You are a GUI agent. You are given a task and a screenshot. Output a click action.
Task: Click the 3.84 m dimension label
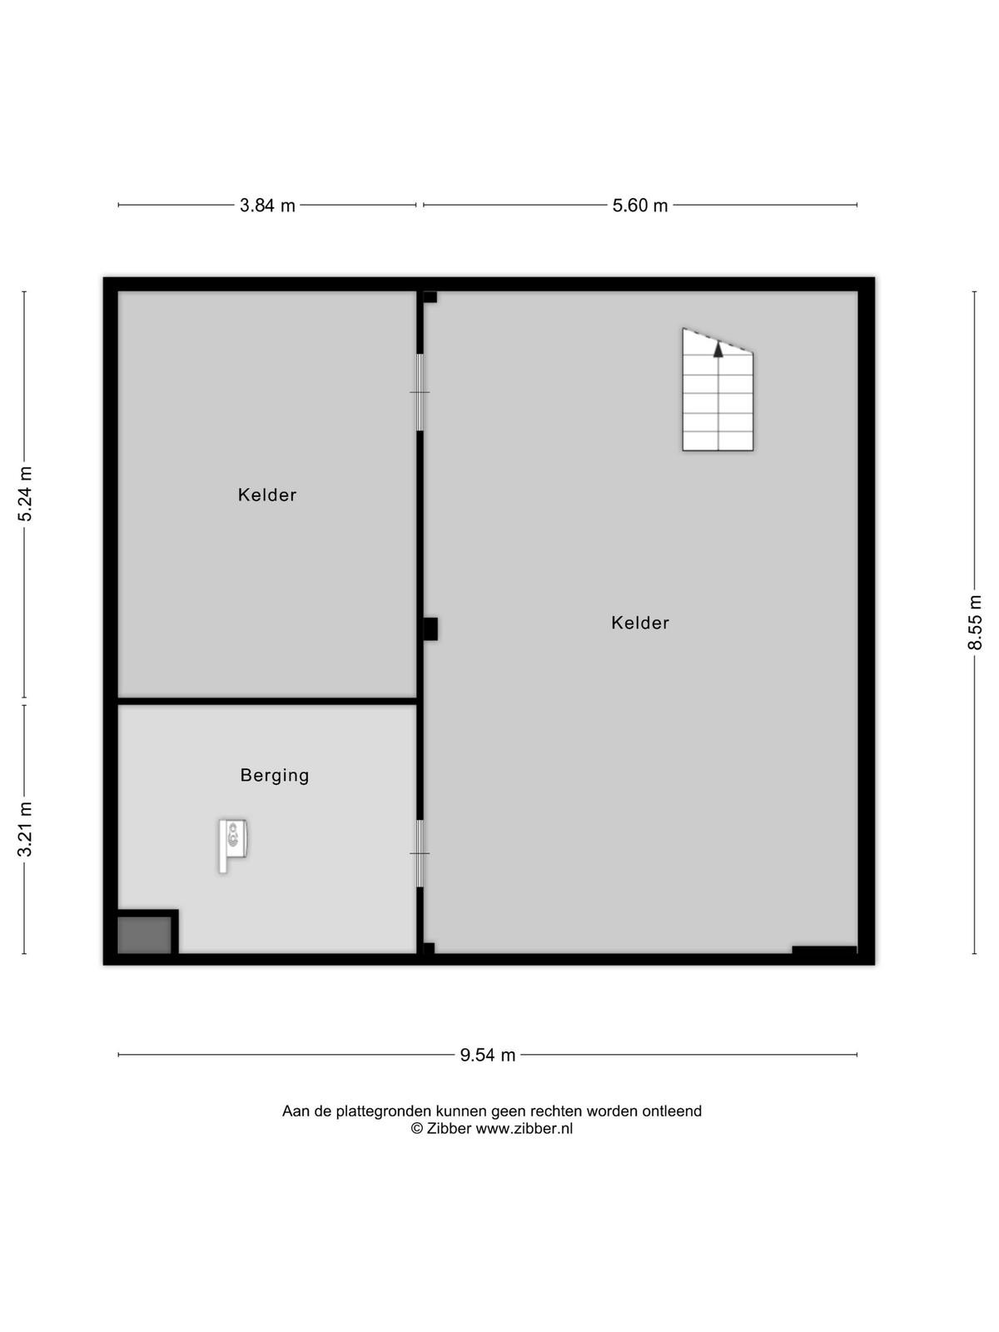pyautogui.click(x=267, y=206)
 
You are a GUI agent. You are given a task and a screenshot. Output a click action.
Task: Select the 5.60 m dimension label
pyautogui.click(x=639, y=206)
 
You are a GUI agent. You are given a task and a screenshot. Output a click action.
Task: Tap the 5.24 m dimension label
pyautogui.click(x=26, y=494)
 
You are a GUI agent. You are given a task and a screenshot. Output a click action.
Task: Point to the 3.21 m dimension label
pyautogui.click(x=26, y=829)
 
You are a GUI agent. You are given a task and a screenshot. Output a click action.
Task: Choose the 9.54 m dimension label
pyautogui.click(x=487, y=1056)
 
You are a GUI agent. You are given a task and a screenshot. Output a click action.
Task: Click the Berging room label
pyautogui.click(x=275, y=776)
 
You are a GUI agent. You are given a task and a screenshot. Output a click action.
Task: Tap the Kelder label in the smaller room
pyautogui.click(x=267, y=495)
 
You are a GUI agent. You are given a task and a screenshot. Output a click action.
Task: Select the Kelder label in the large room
pyautogui.click(x=640, y=623)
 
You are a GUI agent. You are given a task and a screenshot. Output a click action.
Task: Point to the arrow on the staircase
pyautogui.click(x=718, y=350)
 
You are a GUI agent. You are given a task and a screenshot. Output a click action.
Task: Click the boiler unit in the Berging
pyautogui.click(x=232, y=845)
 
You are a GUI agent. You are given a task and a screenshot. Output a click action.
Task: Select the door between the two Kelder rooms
pyautogui.click(x=420, y=393)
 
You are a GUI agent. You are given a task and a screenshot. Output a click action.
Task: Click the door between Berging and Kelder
pyautogui.click(x=420, y=853)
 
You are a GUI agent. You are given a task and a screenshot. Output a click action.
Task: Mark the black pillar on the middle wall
pyautogui.click(x=430, y=629)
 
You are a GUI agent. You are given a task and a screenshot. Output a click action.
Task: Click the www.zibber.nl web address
pyautogui.click(x=524, y=1128)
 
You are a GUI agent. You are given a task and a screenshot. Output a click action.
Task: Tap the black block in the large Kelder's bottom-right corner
pyautogui.click(x=824, y=951)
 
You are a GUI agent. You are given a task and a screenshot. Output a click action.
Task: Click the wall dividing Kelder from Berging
pyautogui.click(x=267, y=701)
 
